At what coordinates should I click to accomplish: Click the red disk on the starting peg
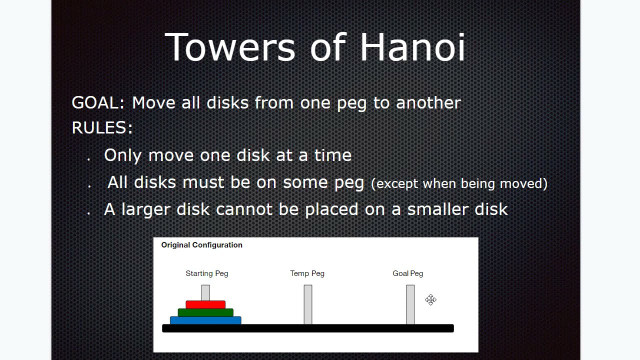pyautogui.click(x=205, y=304)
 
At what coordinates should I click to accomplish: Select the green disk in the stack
pyautogui.click(x=205, y=312)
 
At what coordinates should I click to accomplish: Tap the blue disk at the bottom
pyautogui.click(x=205, y=320)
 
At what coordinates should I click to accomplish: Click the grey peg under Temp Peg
pyautogui.click(x=308, y=304)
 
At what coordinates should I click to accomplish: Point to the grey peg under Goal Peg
pyautogui.click(x=410, y=304)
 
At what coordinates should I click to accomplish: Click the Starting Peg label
pyautogui.click(x=206, y=273)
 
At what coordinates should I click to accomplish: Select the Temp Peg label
pyautogui.click(x=307, y=273)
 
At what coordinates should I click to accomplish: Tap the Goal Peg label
pyautogui.click(x=407, y=273)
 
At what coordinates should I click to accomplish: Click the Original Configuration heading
pyautogui.click(x=201, y=245)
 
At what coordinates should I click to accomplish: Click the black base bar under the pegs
pyautogui.click(x=307, y=328)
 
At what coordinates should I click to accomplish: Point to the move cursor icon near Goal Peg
pyautogui.click(x=431, y=300)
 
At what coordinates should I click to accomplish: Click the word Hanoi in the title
pyautogui.click(x=412, y=47)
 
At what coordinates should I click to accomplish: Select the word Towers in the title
pyautogui.click(x=230, y=47)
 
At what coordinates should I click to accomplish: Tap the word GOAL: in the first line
pyautogui.click(x=98, y=103)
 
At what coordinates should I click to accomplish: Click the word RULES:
pyautogui.click(x=102, y=128)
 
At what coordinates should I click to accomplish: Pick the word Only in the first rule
pyautogui.click(x=123, y=155)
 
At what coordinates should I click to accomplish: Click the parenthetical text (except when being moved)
pyautogui.click(x=459, y=183)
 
